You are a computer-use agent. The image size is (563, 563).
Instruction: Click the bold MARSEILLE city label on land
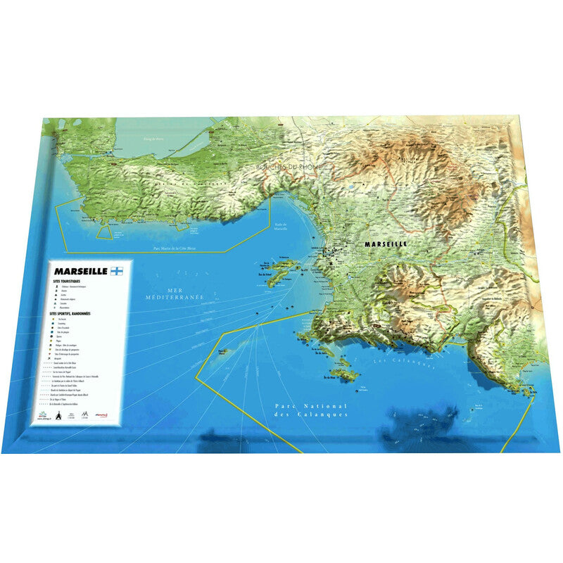pyautogui.click(x=386, y=243)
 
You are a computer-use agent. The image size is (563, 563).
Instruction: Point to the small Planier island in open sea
pyautogui.click(x=227, y=353)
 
